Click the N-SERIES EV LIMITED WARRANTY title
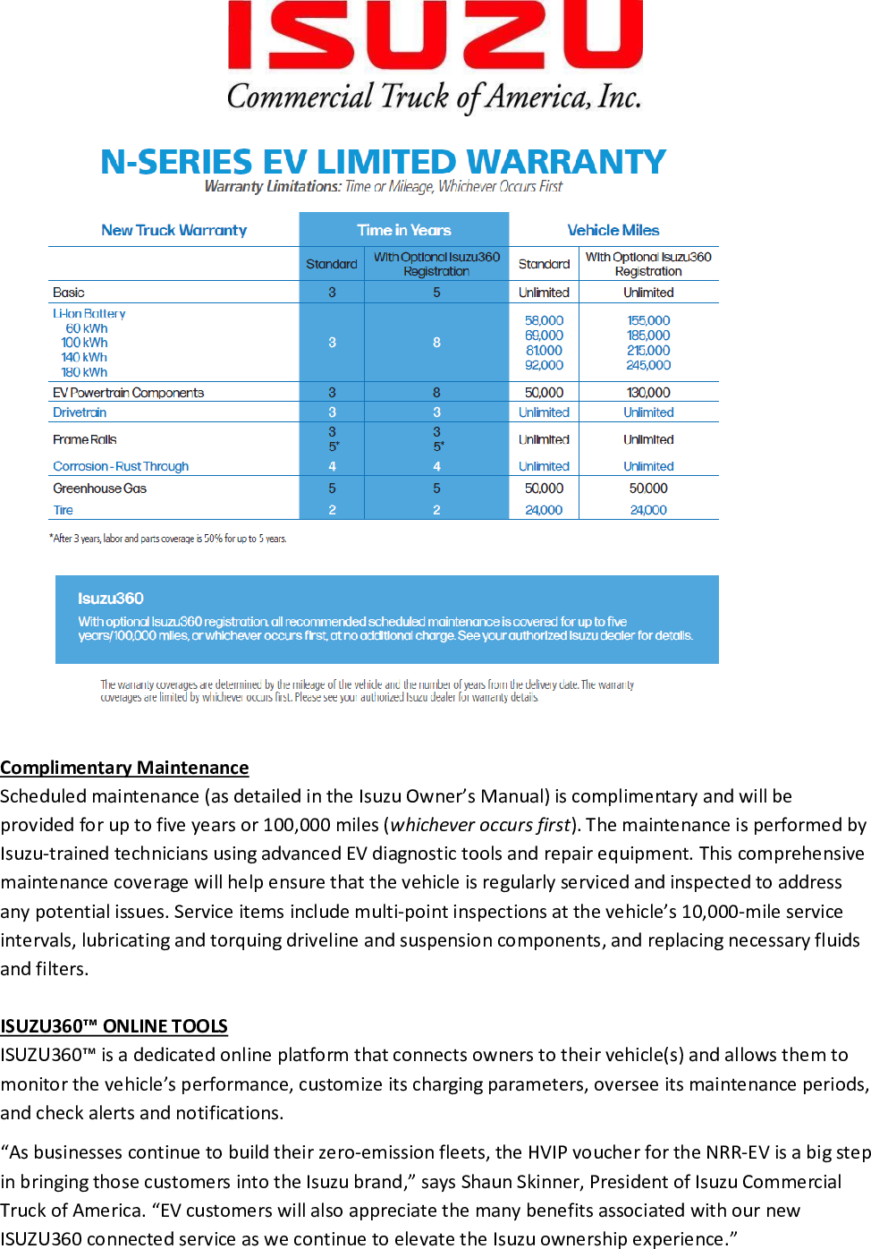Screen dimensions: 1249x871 (383, 162)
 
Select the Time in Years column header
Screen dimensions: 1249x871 (404, 230)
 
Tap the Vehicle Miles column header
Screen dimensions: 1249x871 (613, 230)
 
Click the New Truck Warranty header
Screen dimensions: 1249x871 (173, 230)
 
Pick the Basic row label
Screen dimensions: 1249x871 (69, 293)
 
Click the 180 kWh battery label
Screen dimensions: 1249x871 (84, 372)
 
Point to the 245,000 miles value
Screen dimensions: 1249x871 (648, 365)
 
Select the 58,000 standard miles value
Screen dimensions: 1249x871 (544, 320)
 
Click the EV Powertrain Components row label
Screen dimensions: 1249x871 (128, 393)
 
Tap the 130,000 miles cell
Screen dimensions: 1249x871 (648, 393)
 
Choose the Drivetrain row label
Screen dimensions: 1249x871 (80, 412)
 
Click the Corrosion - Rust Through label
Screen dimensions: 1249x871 (121, 466)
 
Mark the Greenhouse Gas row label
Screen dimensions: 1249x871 (99, 489)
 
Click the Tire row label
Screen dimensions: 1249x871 (63, 510)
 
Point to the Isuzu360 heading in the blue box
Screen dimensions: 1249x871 (111, 599)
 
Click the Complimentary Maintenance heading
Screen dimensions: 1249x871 (124, 768)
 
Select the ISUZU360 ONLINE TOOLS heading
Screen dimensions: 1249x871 (114, 1026)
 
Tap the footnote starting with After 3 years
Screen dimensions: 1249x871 (168, 539)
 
